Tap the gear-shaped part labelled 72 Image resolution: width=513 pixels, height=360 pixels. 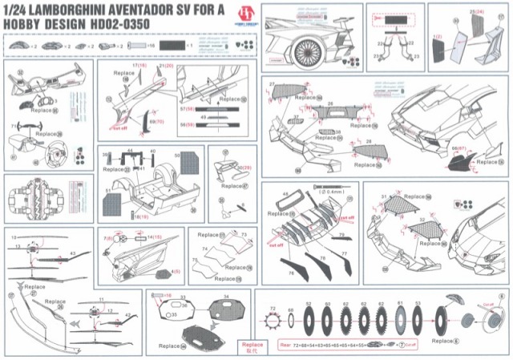(x=273, y=322)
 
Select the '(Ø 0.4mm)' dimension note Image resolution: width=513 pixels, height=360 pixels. (x=332, y=193)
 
